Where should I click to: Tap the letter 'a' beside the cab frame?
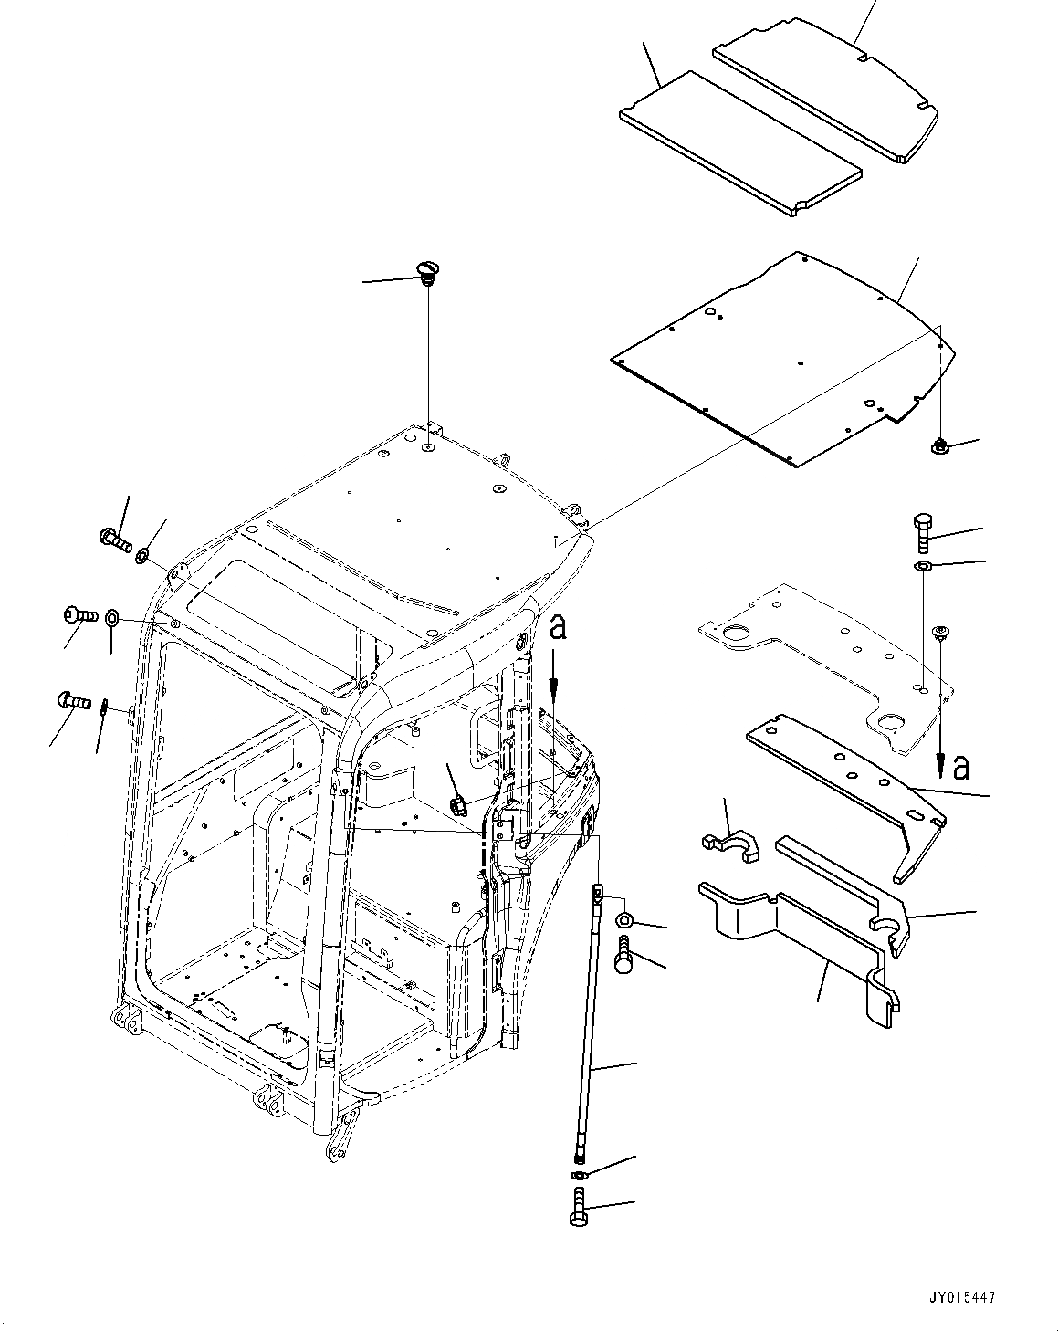[x=559, y=629]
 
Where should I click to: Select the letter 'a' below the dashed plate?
[x=959, y=768]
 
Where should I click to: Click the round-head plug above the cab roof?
[x=425, y=270]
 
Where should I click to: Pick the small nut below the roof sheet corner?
[x=938, y=446]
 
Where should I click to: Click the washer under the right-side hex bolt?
[x=922, y=568]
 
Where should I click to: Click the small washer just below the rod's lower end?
[x=581, y=1175]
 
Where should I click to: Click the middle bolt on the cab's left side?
[x=78, y=615]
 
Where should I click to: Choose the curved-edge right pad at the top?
[x=826, y=91]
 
